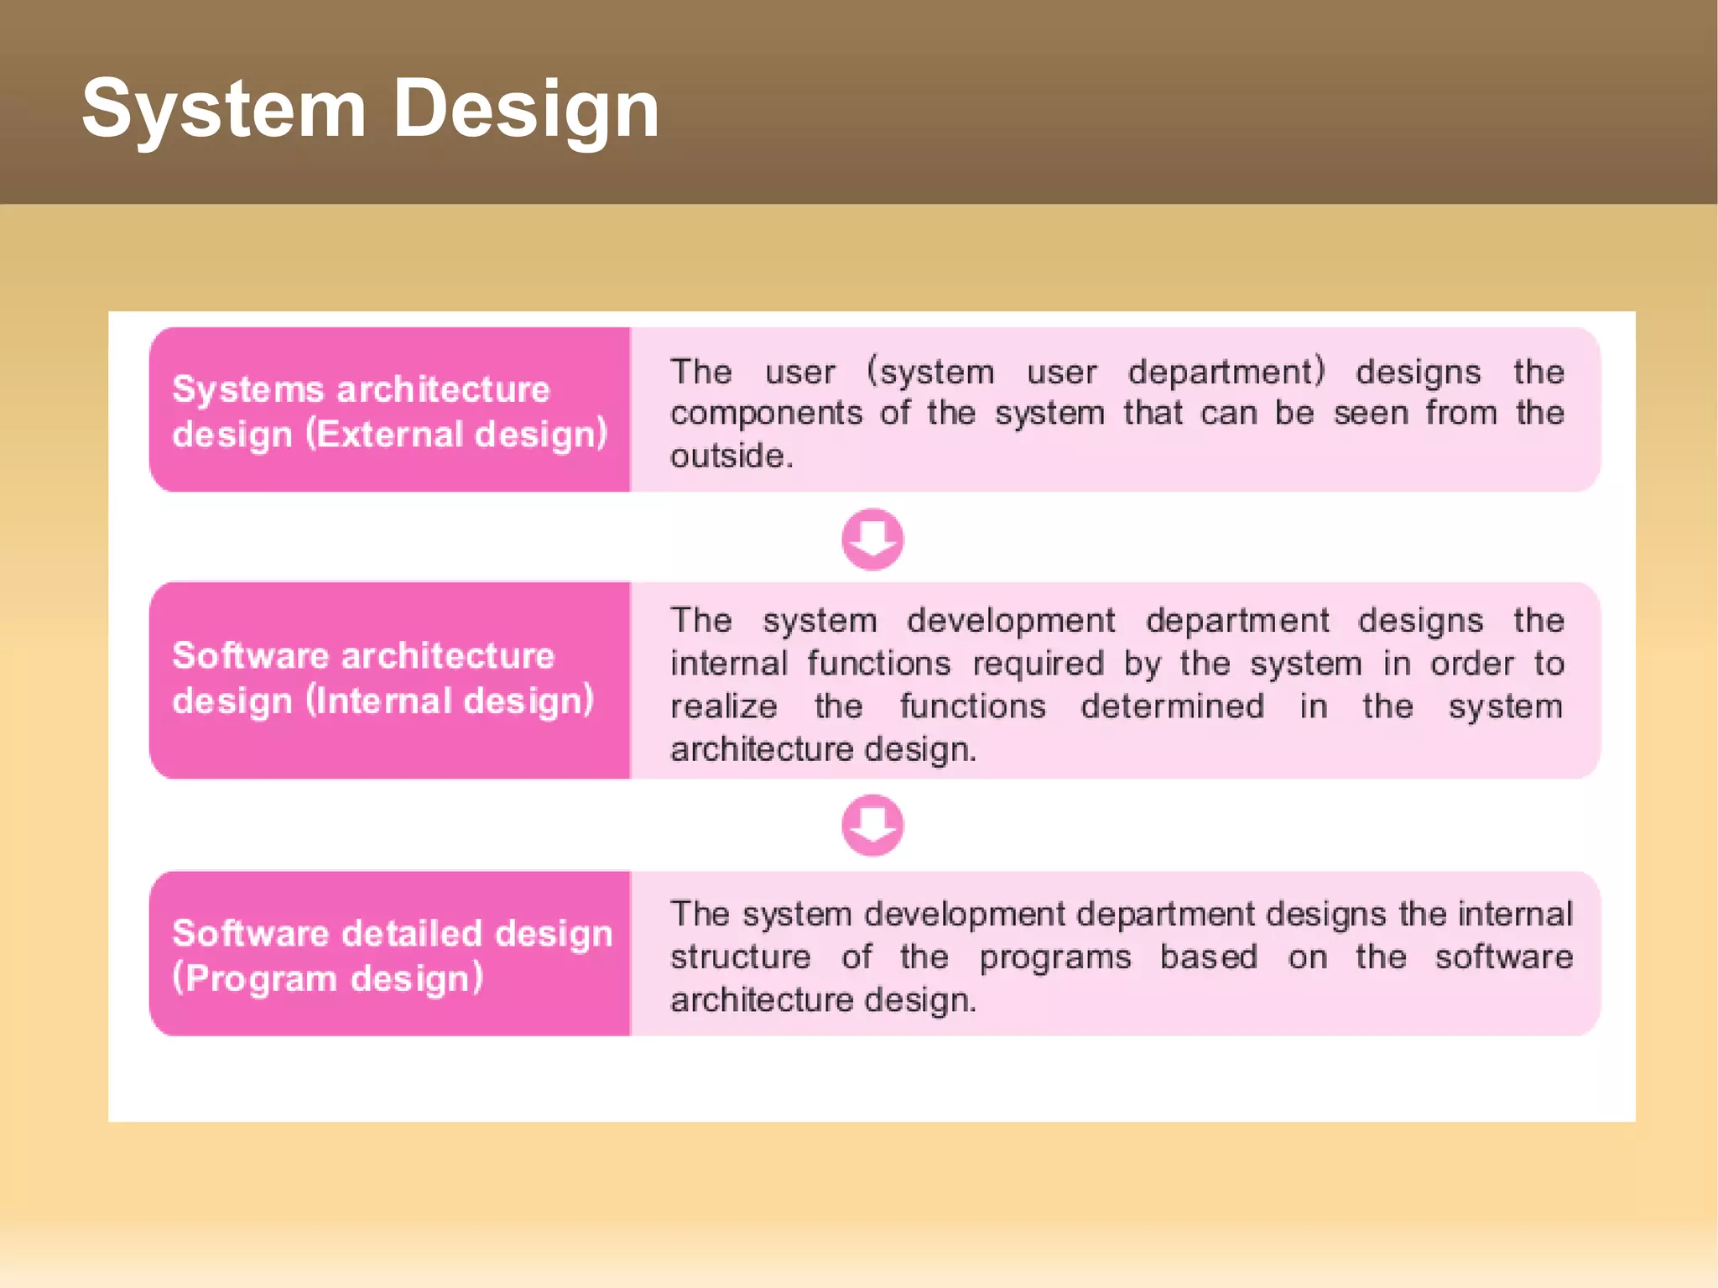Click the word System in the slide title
pos(224,109)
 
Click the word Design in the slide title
pos(525,109)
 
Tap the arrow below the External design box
pos(872,539)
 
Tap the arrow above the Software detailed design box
pos(872,825)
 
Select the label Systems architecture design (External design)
pos(389,411)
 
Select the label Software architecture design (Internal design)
pos(383,678)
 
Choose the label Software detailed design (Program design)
pos(392,955)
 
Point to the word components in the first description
pos(766,413)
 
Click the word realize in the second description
pos(723,707)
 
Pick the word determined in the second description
pos(1172,707)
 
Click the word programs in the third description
pos(1054,957)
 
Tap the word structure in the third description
pos(740,957)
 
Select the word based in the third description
pos(1208,957)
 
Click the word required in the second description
pos(1038,664)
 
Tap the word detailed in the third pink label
pos(411,933)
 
